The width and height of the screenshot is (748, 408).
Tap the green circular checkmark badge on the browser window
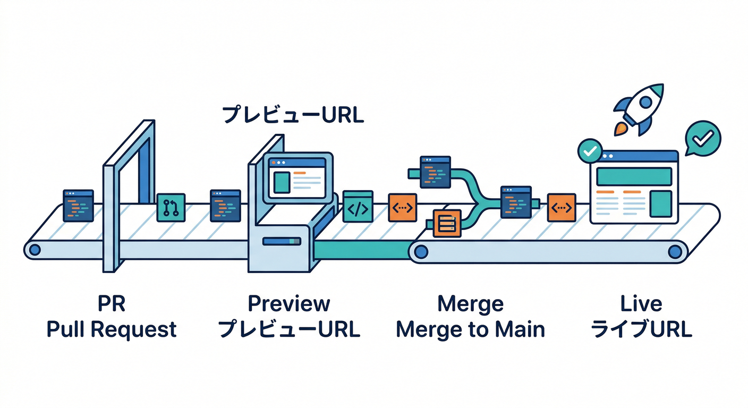tap(589, 151)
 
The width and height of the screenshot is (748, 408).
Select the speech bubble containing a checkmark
tap(702, 138)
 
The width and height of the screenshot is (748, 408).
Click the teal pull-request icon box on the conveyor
tap(171, 207)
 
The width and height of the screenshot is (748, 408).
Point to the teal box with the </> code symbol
tap(358, 207)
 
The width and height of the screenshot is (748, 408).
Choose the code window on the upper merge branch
tap(435, 172)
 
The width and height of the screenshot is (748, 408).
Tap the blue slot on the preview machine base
tap(282, 241)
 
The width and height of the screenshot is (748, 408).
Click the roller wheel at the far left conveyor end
tap(35, 249)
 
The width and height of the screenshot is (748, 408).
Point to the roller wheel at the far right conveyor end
tap(675, 250)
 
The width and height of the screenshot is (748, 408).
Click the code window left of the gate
tap(78, 205)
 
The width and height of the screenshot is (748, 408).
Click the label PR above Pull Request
tap(112, 304)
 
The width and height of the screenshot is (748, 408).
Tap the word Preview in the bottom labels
tap(289, 304)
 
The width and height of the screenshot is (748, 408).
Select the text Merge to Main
tap(470, 329)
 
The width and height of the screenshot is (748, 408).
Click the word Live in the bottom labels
tap(641, 304)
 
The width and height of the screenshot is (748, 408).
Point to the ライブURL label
tap(641, 329)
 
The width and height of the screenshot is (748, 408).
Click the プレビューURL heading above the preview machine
tap(293, 115)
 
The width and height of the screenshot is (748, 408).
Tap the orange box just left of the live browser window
tap(562, 208)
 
